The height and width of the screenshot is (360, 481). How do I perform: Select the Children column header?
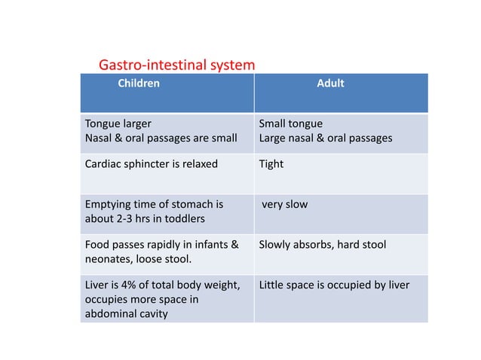[139, 84]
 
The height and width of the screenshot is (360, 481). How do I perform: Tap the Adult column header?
[330, 84]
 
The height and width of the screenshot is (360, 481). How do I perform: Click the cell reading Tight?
[271, 163]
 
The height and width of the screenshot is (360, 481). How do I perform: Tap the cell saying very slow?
[284, 204]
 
